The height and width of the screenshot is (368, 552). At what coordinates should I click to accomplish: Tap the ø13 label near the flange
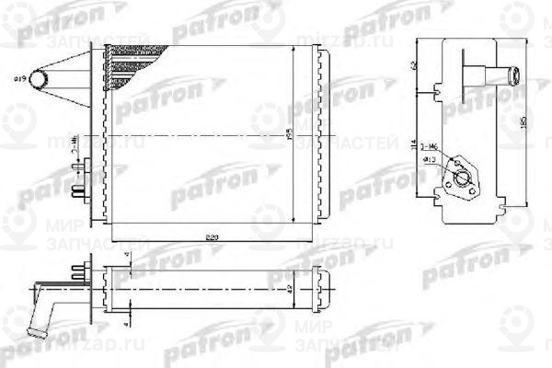[429, 161]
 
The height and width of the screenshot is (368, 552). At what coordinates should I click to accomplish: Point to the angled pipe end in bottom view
[40, 322]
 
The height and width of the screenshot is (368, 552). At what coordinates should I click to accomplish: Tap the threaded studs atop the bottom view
[77, 269]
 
